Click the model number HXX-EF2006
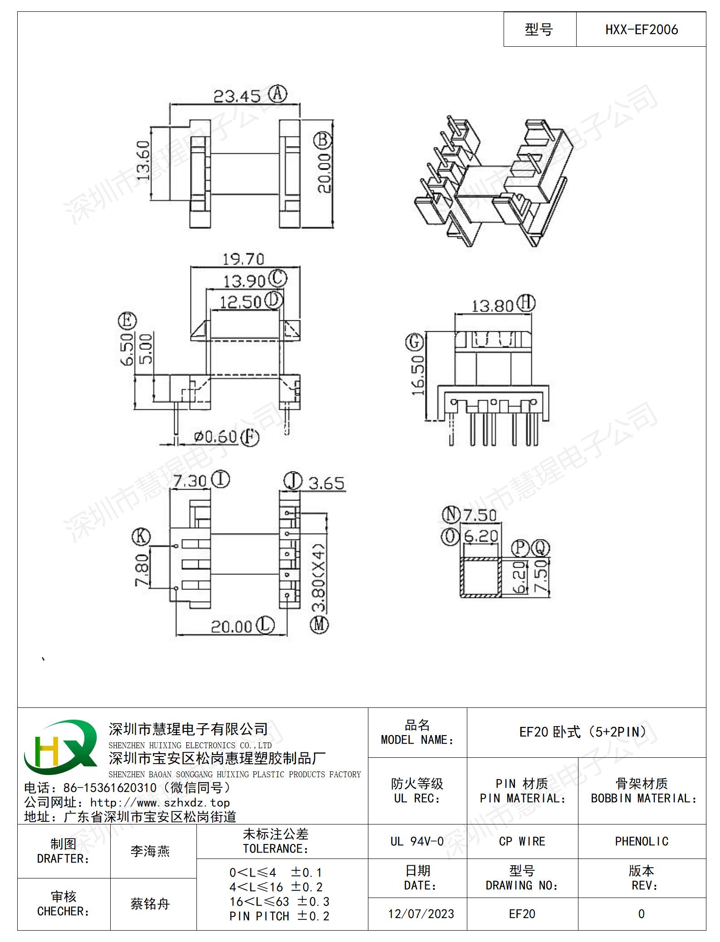tap(641, 29)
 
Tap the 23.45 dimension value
tap(237, 96)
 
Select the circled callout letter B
tap(323, 140)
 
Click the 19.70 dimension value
tap(243, 259)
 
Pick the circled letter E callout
tap(127, 321)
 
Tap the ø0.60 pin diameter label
tap(216, 437)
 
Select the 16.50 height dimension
tap(417, 375)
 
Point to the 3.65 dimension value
tap(326, 483)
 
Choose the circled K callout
tap(141, 537)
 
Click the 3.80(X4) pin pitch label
tap(319, 578)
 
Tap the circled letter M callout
tap(319, 625)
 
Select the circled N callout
tap(451, 515)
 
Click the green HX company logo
tap(60, 747)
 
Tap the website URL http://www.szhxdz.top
tap(160, 802)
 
